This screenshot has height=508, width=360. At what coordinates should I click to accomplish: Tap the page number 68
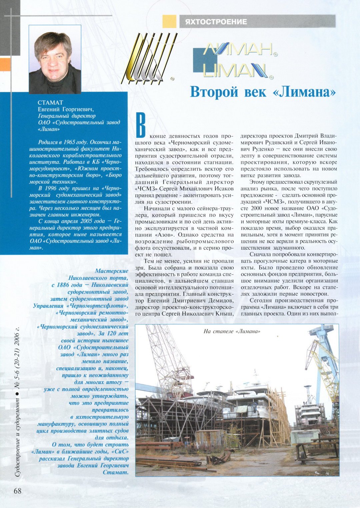(x=17, y=491)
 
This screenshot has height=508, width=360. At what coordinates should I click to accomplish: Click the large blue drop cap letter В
(x=141, y=125)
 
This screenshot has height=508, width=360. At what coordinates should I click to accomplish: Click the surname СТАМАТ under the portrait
(x=50, y=102)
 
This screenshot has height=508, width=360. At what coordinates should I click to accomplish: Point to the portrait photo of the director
(x=55, y=60)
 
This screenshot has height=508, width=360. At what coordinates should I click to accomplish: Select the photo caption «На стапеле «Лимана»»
(x=231, y=331)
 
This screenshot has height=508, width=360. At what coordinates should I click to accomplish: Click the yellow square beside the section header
(x=169, y=21)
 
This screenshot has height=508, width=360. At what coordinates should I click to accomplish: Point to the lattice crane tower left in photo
(x=167, y=360)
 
